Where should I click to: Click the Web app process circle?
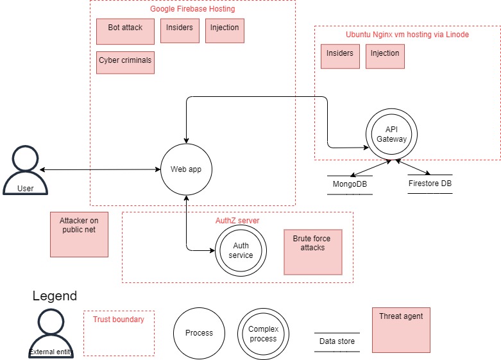click(x=185, y=170)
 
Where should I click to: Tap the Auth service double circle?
click(x=241, y=251)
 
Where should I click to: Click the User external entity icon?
click(x=25, y=170)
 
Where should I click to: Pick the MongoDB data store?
click(x=350, y=184)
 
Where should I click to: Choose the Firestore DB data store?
click(x=430, y=184)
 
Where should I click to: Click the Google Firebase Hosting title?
click(x=192, y=9)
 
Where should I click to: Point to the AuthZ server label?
click(x=237, y=220)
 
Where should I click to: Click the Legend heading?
click(x=55, y=296)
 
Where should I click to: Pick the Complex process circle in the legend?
click(x=263, y=333)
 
